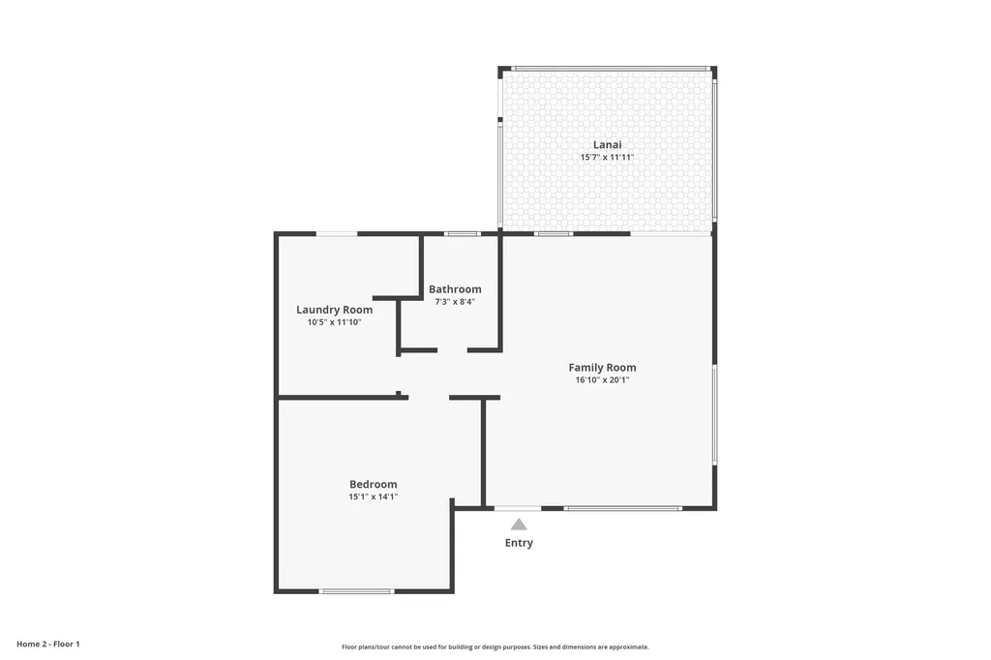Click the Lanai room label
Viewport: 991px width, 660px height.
tap(607, 144)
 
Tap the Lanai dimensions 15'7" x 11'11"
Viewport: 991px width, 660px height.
tap(607, 157)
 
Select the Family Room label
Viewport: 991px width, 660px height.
tap(602, 368)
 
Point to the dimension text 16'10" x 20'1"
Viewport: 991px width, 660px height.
tap(602, 380)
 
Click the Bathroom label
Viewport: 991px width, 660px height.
tap(455, 289)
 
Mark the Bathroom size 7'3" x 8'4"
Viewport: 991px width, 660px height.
tap(455, 302)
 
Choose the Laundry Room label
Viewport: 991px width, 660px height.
tap(334, 310)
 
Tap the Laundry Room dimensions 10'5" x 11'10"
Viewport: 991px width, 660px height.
tap(334, 322)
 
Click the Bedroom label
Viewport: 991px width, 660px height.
tap(373, 484)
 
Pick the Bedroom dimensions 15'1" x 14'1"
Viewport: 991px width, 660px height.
tap(373, 496)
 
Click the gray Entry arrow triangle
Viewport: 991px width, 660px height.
tap(519, 525)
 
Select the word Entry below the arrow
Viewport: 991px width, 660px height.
tap(519, 543)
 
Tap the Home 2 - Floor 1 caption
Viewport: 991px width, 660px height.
tap(48, 644)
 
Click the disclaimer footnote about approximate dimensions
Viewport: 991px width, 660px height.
tap(495, 646)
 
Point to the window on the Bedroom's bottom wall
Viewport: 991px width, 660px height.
tap(356, 590)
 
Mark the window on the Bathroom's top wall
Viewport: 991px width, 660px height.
tap(462, 233)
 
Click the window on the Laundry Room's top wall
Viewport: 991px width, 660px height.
tap(337, 233)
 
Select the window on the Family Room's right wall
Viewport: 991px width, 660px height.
tap(715, 414)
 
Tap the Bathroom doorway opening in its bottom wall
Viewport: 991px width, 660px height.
tap(452, 350)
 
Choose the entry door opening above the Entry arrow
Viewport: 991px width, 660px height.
tap(518, 508)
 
